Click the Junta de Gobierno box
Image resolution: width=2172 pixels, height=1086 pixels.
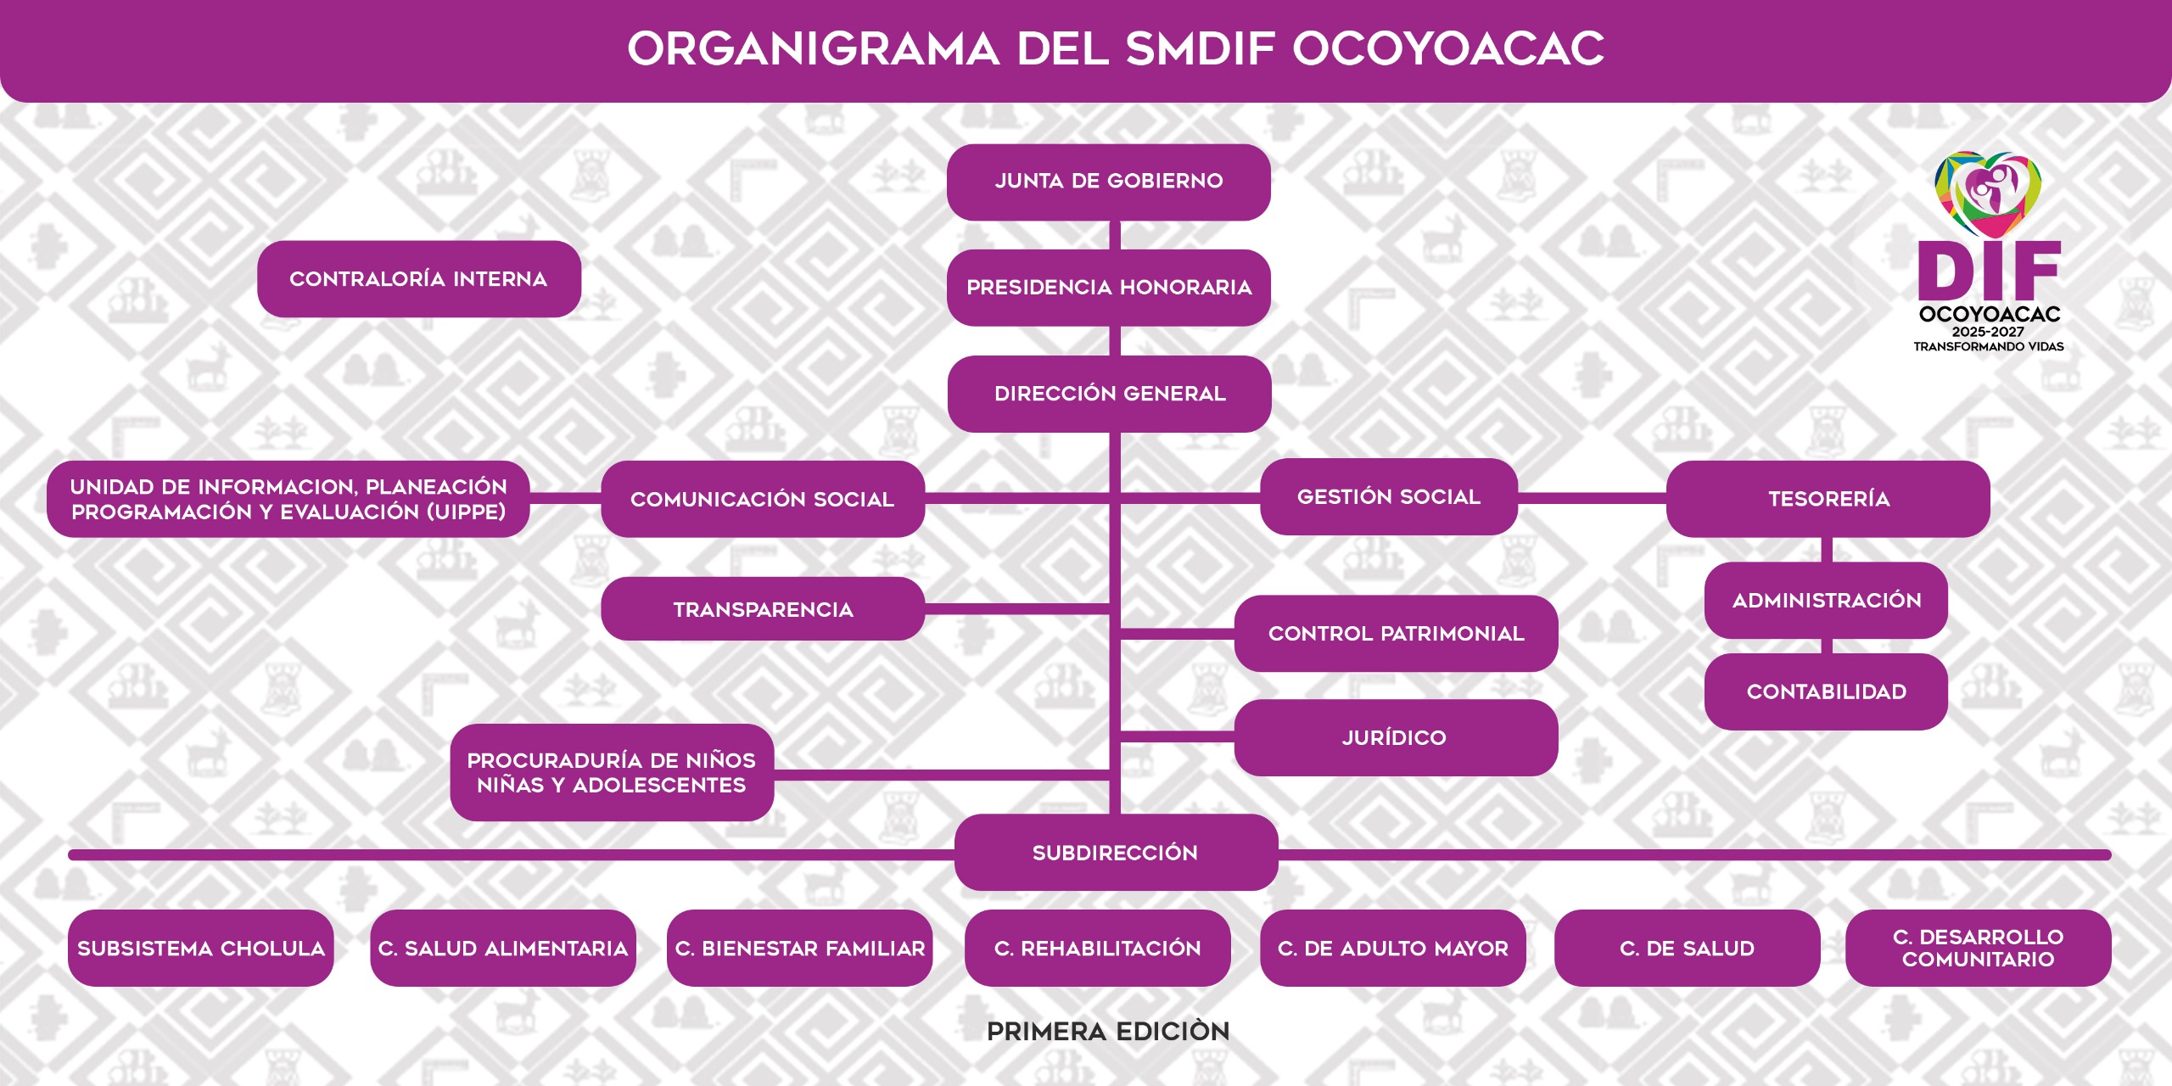pos(1108,182)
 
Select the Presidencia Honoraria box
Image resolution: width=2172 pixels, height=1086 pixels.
pos(1108,288)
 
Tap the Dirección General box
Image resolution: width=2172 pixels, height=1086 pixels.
pos(1109,394)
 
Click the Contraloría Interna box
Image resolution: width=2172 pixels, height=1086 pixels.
pos(418,279)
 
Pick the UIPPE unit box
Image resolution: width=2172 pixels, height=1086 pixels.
pos(288,499)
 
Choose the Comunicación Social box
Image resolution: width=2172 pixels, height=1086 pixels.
pos(762,499)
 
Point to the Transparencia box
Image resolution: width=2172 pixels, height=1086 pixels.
pos(762,609)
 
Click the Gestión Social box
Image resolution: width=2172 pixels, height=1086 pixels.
pos(1388,497)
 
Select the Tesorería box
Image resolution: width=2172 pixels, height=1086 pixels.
pos(1828,499)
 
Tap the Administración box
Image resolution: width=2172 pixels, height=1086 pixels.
pos(1826,601)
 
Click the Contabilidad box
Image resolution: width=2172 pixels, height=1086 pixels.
pos(1826,691)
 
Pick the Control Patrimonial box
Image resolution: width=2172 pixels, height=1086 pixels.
pos(1396,634)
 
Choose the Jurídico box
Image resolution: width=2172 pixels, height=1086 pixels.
pos(1396,737)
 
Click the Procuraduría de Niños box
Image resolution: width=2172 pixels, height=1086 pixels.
pos(611,772)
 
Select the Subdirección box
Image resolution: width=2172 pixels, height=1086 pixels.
pos(1116,853)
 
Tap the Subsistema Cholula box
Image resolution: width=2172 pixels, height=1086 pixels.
pos(201,948)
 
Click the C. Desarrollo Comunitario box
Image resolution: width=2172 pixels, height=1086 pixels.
pos(1978,948)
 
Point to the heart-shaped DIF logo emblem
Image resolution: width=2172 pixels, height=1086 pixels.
pos(1988,195)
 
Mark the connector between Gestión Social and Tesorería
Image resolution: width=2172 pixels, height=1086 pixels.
pos(1592,498)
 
